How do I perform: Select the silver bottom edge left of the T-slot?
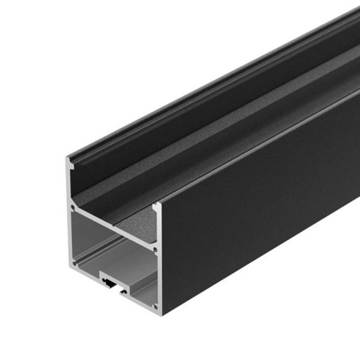[x=85, y=273]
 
